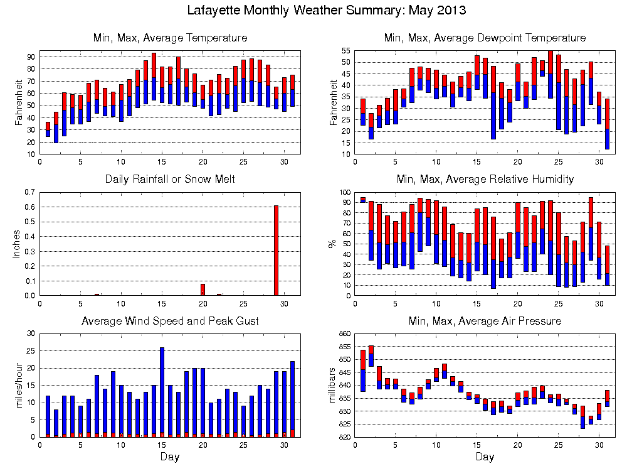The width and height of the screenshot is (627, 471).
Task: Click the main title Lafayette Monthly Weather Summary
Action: coord(327,11)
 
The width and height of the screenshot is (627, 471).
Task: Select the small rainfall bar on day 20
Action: coord(203,290)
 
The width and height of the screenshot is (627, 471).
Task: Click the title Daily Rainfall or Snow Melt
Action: coord(170,180)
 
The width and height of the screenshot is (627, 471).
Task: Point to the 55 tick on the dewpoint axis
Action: coord(345,50)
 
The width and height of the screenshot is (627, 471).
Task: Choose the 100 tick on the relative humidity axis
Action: coord(344,192)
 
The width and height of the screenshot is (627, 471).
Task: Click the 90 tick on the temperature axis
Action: coord(31,57)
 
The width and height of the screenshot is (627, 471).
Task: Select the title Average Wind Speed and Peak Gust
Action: coord(170,321)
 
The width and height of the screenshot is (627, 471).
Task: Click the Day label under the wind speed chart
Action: coord(170,457)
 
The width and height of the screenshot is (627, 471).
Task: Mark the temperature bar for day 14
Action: coord(154,78)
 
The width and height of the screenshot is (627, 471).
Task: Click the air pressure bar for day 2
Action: coord(371,356)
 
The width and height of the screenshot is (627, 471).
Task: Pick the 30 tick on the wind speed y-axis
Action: coord(31,333)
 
